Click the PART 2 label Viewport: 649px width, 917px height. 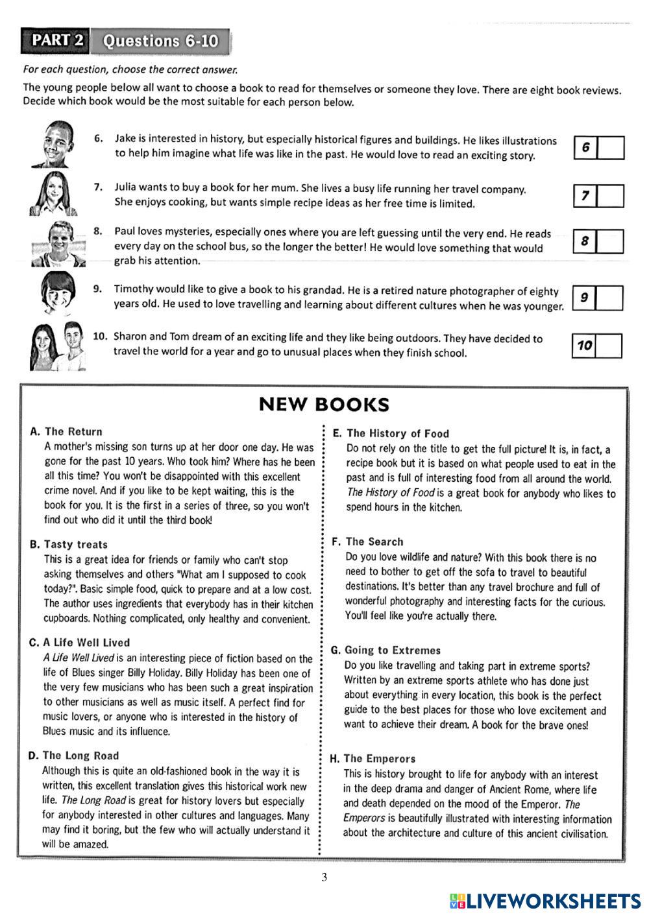(58, 41)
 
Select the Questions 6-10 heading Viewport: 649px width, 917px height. (161, 42)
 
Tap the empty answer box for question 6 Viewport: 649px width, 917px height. (610, 148)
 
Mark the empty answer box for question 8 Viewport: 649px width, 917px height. (610, 241)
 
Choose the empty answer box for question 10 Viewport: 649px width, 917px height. (609, 346)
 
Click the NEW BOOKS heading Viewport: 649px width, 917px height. (324, 405)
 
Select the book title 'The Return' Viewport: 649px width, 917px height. (73, 431)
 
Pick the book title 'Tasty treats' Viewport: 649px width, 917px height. (75, 545)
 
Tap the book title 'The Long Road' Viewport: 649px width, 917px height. (80, 756)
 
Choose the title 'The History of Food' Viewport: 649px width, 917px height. (397, 433)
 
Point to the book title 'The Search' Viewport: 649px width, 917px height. (374, 542)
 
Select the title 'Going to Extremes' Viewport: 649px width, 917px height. (392, 650)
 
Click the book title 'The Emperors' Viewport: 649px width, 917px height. (379, 758)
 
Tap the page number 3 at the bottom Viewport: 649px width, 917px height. (324, 877)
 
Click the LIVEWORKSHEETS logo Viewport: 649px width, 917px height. (545, 900)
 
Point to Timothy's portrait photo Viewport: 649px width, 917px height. (56, 293)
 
